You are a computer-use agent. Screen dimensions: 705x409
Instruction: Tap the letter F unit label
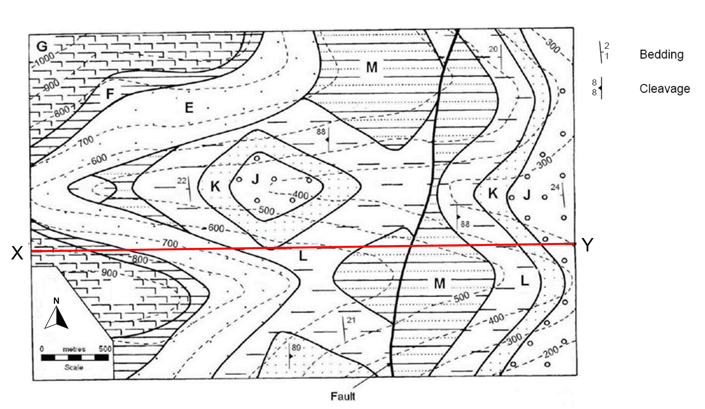(x=110, y=94)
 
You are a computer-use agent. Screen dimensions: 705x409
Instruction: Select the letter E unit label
(x=189, y=108)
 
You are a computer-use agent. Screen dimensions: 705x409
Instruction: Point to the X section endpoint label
(x=17, y=253)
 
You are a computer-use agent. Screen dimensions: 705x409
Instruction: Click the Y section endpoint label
(x=588, y=245)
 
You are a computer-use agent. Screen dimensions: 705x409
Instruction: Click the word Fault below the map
(x=343, y=396)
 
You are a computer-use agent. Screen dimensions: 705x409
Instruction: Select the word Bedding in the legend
(x=661, y=55)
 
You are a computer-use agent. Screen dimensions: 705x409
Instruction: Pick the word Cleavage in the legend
(x=665, y=89)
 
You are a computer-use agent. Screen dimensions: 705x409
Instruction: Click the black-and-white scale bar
(x=75, y=357)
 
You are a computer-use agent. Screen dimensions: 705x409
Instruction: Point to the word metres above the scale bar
(x=74, y=349)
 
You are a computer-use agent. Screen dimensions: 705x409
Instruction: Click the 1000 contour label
(x=45, y=59)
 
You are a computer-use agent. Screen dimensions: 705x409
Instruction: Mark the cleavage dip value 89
(x=296, y=348)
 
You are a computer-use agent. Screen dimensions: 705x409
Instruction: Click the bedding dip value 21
(x=351, y=320)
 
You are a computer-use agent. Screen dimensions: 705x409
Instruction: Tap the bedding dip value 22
(x=182, y=181)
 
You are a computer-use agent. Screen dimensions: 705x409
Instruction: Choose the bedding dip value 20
(x=493, y=49)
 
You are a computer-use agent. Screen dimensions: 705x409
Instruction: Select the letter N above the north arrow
(x=56, y=301)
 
